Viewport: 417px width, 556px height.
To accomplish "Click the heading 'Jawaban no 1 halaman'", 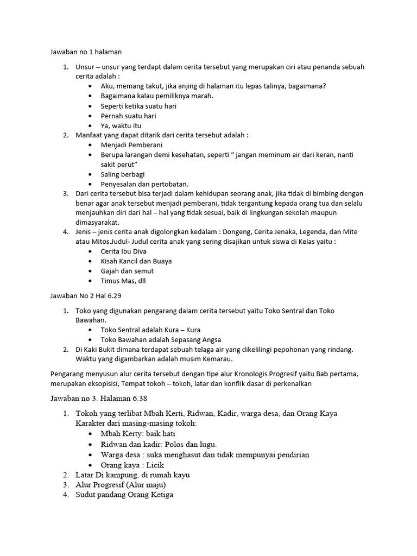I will click(86, 52).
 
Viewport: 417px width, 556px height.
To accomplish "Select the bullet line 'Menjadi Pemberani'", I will click(131, 145).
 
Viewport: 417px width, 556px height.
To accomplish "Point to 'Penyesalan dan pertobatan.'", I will click(144, 184).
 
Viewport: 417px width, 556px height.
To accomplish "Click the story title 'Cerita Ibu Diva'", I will click(123, 251).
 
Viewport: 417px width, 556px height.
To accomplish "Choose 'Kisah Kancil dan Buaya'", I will click(136, 261).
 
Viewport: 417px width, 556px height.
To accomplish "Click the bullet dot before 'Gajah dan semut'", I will click(90, 271).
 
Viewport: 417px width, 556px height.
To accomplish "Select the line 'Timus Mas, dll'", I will click(123, 281).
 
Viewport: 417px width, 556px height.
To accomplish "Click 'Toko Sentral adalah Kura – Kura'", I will click(154, 330).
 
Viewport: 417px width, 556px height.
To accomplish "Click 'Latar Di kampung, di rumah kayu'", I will click(133, 475).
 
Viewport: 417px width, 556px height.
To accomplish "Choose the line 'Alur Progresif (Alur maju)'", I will click(121, 484).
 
